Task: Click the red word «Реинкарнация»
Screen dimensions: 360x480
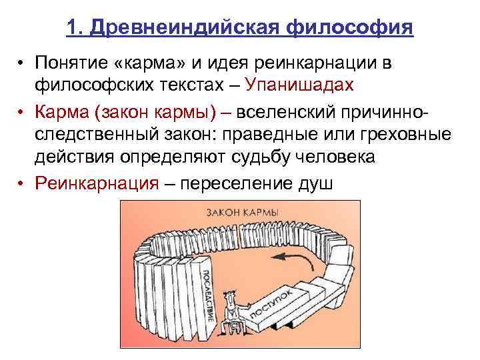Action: pyautogui.click(x=97, y=183)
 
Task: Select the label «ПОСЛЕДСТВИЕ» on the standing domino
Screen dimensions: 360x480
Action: pyautogui.click(x=205, y=293)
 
